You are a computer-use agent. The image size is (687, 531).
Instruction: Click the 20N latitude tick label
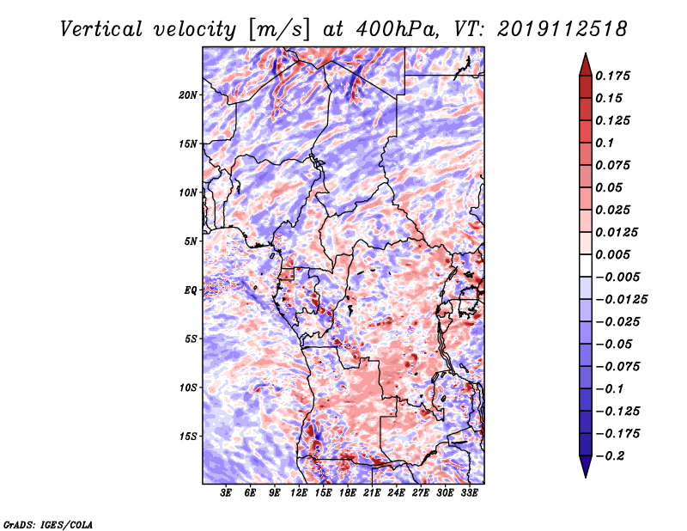pyautogui.click(x=188, y=95)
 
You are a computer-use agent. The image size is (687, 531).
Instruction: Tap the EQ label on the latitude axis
pyautogui.click(x=190, y=290)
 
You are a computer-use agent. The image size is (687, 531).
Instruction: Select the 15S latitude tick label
pyautogui.click(x=188, y=436)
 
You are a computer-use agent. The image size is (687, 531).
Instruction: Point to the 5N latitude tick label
pyautogui.click(x=191, y=241)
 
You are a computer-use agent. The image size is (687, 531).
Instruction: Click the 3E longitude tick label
pyautogui.click(x=226, y=493)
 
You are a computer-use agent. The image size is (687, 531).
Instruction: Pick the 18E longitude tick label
pyautogui.click(x=348, y=493)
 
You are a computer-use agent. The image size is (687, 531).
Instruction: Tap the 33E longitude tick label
pyautogui.click(x=469, y=493)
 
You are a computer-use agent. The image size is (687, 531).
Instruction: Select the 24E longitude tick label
pyautogui.click(x=396, y=493)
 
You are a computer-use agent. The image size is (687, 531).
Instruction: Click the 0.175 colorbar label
pyautogui.click(x=612, y=76)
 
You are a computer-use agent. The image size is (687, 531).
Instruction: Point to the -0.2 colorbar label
pyautogui.click(x=610, y=456)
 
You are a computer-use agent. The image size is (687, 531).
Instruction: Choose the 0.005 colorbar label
pyautogui.click(x=612, y=254)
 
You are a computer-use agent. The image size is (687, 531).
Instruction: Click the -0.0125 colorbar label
pyautogui.click(x=621, y=300)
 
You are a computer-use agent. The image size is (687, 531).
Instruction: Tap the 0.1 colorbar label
pyautogui.click(x=605, y=143)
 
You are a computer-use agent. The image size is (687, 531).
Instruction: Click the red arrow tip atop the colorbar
pyautogui.click(x=586, y=54)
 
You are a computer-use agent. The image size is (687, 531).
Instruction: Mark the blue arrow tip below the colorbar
pyautogui.click(x=586, y=477)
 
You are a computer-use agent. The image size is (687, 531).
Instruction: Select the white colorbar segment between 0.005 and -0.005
pyautogui.click(x=586, y=265)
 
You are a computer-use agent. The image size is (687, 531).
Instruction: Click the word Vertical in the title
pyautogui.click(x=101, y=29)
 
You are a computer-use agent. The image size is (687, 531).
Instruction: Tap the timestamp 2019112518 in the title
pyautogui.click(x=562, y=29)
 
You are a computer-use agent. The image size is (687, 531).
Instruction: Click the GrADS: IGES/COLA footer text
pyautogui.click(x=48, y=524)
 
